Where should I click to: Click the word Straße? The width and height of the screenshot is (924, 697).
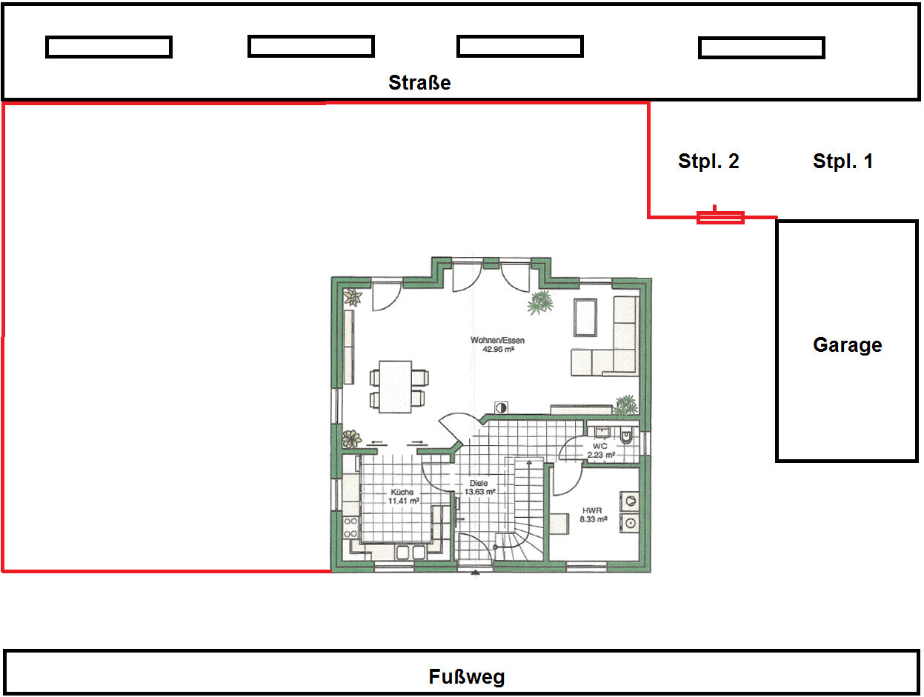click(x=419, y=82)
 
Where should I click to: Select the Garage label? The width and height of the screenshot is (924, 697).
click(x=847, y=345)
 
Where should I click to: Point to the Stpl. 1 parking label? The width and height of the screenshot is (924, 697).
click(x=842, y=161)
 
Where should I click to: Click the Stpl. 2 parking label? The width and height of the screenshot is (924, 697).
click(x=708, y=161)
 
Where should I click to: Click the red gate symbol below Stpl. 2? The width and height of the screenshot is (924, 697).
click(x=720, y=217)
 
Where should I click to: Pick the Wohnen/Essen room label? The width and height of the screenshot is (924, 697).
click(x=498, y=344)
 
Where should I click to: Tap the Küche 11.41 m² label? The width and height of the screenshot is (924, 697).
click(x=403, y=496)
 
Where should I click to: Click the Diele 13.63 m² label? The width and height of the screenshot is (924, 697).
click(x=479, y=487)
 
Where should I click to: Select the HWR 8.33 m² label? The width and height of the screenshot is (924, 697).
click(x=593, y=515)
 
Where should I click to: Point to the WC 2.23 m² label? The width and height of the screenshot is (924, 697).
click(x=601, y=450)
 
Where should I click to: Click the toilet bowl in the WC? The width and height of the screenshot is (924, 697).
click(x=626, y=436)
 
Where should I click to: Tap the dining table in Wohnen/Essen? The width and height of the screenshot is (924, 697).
click(x=395, y=387)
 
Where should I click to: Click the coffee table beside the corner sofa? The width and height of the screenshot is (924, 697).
click(x=585, y=317)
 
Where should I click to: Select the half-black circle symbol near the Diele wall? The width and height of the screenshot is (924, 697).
click(x=501, y=407)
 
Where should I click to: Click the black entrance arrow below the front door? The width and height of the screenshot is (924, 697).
click(x=475, y=572)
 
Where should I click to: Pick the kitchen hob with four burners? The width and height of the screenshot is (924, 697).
click(x=350, y=527)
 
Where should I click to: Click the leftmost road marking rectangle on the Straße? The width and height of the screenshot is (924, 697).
click(x=109, y=47)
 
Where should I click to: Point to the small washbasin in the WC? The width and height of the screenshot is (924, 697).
click(x=602, y=432)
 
